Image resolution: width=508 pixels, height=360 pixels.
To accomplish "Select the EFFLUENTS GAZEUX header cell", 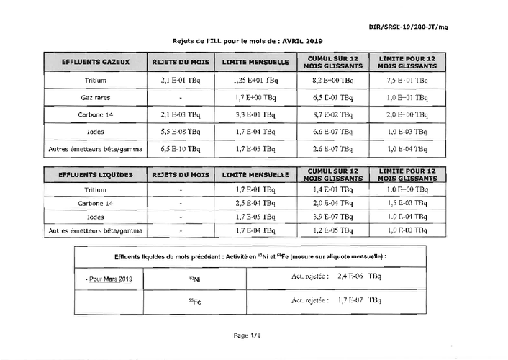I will click(96, 62).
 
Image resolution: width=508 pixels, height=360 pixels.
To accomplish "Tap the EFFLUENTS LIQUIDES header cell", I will click(96, 175).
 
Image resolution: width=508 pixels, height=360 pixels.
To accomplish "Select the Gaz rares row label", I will click(96, 96).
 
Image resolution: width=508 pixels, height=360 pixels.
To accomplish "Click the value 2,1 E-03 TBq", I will click(181, 114).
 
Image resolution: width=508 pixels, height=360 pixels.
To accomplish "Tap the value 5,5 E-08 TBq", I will click(181, 131).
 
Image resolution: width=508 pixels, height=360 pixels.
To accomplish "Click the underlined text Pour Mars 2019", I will click(109, 277).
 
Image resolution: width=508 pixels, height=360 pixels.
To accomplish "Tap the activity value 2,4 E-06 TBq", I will click(357, 276).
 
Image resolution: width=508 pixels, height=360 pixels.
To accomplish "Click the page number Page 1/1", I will click(246, 336).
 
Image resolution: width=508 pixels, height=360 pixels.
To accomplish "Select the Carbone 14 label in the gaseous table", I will click(96, 114).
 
